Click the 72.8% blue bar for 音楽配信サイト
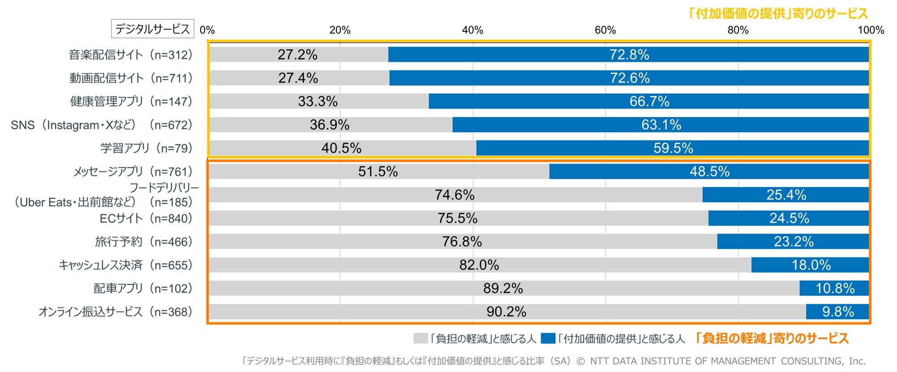629,55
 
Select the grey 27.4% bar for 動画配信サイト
299,78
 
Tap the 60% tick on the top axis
605,30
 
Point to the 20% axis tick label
340,30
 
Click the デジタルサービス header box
152,29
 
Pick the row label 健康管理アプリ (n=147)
131,101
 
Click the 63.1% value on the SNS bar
661,125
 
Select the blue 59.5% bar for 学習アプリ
673,148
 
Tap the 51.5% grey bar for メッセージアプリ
378,171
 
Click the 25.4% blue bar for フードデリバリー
786,195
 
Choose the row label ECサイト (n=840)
146,218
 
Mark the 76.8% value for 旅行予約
462,242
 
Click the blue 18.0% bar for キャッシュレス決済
811,265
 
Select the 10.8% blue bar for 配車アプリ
835,288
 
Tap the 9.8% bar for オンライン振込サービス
838,311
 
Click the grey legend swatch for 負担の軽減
421,338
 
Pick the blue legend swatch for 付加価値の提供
548,338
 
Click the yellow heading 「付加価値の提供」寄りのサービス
778,13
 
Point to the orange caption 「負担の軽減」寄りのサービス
772,338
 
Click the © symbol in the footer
580,361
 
